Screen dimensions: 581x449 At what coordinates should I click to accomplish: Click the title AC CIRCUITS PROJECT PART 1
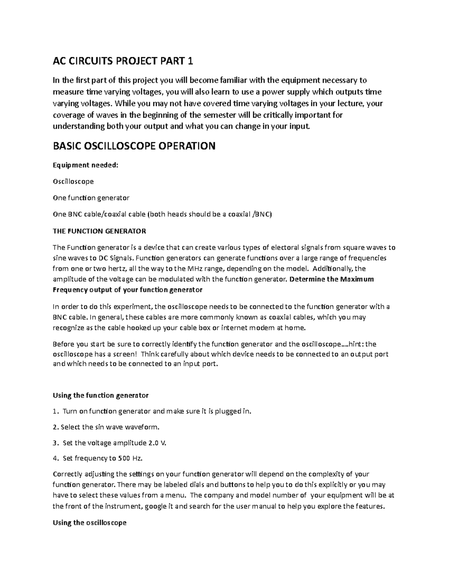[123, 61]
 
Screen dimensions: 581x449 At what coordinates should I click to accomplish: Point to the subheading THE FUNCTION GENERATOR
[99, 231]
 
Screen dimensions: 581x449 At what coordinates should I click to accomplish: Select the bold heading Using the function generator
[101, 395]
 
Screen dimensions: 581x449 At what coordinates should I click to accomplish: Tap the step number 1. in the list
[56, 412]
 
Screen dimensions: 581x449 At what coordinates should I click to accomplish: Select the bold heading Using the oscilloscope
[90, 523]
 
